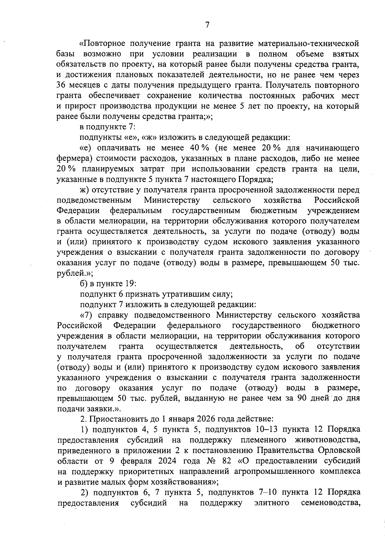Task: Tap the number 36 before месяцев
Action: [61, 86]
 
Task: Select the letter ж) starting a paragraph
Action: [84, 190]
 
